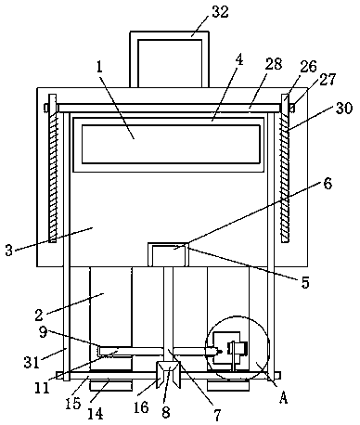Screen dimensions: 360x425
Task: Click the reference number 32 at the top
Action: coord(220,12)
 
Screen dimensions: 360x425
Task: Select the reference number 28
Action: coord(273,64)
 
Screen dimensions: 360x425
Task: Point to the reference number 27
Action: coord(327,80)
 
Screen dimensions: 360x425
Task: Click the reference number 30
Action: coord(343,109)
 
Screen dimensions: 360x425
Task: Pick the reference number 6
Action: coord(328,183)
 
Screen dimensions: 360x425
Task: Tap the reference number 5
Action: coord(305,282)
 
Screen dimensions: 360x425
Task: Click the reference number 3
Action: coord(9,250)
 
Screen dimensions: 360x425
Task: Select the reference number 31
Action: coord(32,362)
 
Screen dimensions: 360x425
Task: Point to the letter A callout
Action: coord(283,397)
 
